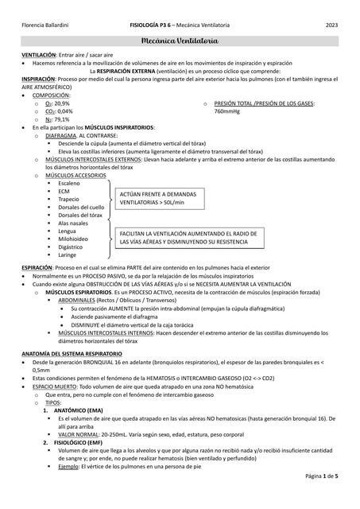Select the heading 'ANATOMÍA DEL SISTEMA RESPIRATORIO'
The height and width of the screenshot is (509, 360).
coord(72,352)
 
